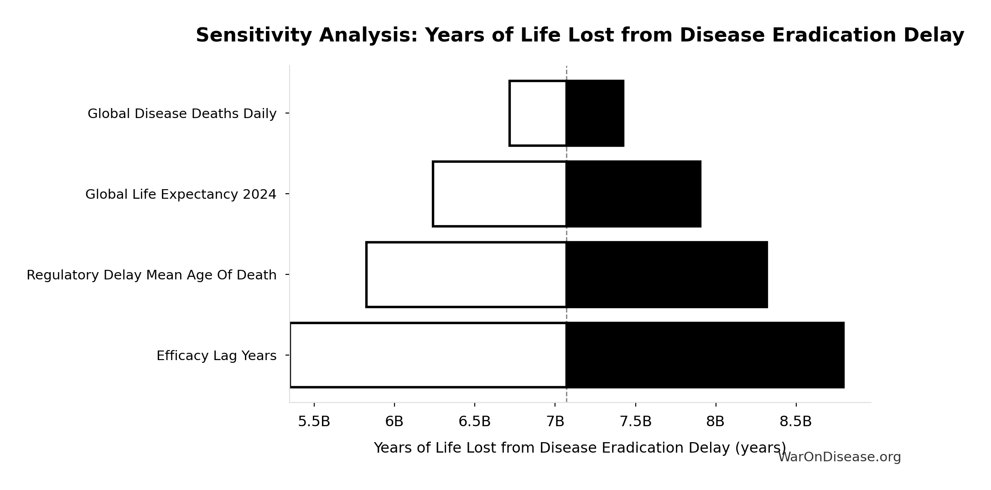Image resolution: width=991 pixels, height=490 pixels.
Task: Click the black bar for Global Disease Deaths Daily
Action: [595, 113]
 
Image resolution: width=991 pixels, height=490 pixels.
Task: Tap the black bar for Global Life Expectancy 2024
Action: [633, 194]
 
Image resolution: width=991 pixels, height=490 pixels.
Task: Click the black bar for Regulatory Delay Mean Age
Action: [667, 275]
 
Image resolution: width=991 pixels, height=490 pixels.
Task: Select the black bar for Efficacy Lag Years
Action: [706, 356]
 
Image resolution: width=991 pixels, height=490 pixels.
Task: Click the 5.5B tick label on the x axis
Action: [314, 422]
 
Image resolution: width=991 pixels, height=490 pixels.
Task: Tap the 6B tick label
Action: [394, 422]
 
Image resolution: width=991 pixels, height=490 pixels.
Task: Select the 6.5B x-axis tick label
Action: [475, 422]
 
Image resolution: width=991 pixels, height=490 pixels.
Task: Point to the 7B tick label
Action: [555, 422]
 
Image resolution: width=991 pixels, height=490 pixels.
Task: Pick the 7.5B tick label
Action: [636, 422]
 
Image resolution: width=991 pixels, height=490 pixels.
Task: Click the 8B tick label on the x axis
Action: [716, 422]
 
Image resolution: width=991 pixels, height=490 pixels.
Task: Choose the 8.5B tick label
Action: [796, 422]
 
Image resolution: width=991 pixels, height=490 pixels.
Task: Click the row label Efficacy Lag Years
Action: [217, 356]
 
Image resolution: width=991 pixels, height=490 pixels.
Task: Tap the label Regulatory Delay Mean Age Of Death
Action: [151, 275]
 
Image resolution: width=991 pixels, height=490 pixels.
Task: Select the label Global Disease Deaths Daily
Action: [182, 114]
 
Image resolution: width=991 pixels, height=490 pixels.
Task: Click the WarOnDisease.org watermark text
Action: [840, 457]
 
